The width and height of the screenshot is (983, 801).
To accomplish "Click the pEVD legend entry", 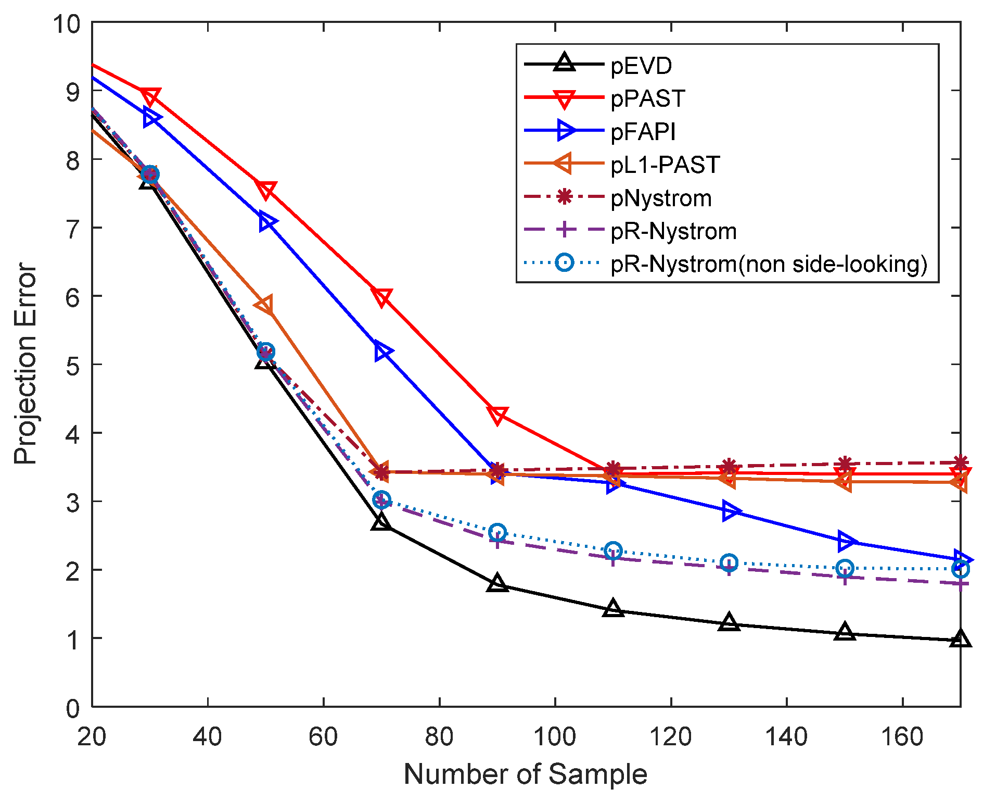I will tap(641, 66).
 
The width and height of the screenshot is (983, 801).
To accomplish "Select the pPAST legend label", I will tap(648, 98).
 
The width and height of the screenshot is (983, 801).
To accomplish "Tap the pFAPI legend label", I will tap(643, 132).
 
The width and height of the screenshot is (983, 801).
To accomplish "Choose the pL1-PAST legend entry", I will tap(665, 165).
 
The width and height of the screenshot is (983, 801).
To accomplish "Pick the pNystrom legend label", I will tap(661, 198).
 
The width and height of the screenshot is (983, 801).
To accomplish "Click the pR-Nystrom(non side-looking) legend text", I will tap(769, 264).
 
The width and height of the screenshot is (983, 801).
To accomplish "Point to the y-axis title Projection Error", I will tap(25, 364).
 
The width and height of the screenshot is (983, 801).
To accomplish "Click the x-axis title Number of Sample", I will tap(525, 774).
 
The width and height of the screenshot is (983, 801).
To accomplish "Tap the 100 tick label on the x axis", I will tap(555, 737).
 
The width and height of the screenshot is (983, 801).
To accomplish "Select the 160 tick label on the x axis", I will tap(902, 737).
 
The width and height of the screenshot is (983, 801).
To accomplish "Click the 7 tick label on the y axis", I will tap(72, 228).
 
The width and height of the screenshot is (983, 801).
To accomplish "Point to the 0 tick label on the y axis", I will tap(72, 708).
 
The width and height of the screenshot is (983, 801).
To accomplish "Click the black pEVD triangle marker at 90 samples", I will tap(497, 583).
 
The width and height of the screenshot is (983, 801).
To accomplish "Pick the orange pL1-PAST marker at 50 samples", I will tap(265, 306).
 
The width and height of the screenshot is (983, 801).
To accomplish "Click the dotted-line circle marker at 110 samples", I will tap(614, 550).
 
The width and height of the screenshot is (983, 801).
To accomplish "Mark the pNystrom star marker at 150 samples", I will tap(845, 464).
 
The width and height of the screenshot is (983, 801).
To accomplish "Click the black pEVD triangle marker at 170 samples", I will tap(960, 639).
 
